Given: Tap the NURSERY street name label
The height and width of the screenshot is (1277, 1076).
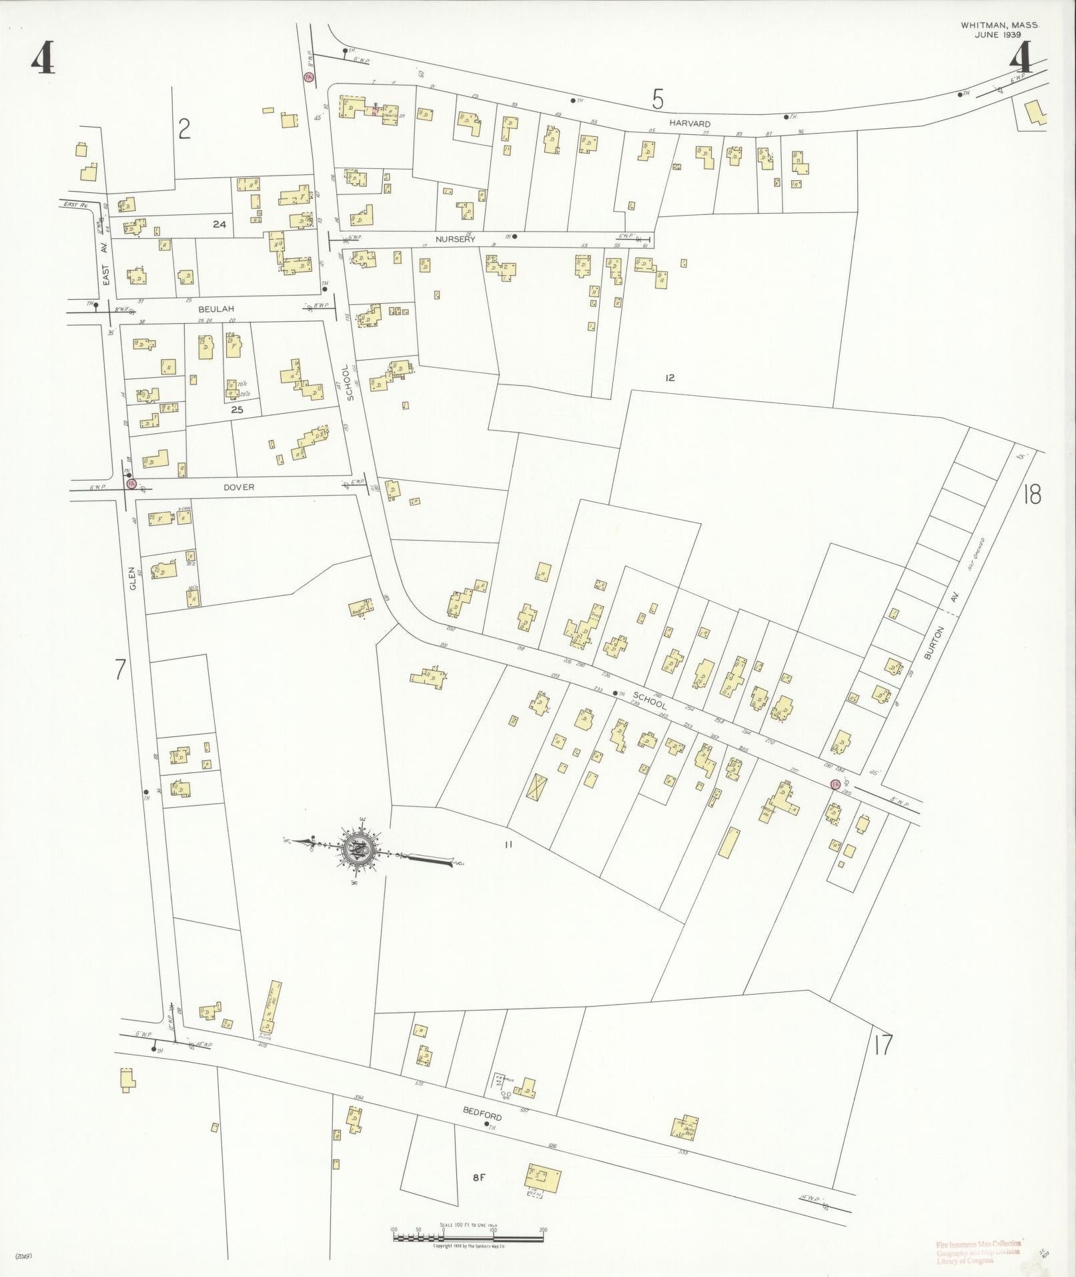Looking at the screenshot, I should (455, 239).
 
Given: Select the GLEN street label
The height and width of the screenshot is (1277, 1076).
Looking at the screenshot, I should (133, 577).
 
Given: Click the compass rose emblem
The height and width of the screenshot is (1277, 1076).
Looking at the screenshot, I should (359, 850).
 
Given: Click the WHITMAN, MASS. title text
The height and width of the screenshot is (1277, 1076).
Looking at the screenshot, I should (999, 25).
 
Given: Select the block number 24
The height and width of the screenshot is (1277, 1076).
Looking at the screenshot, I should (219, 224).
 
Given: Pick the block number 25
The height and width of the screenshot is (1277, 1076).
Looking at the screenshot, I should (237, 410).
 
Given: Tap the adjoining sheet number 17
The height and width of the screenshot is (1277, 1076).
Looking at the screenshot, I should (882, 1045).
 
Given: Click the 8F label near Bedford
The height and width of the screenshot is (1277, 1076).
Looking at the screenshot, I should (478, 1178).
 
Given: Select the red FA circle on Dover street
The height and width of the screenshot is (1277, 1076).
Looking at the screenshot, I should (131, 484).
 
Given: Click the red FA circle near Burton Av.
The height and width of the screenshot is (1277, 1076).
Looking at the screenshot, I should (834, 784).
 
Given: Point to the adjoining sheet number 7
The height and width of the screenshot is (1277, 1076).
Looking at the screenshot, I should (120, 669).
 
